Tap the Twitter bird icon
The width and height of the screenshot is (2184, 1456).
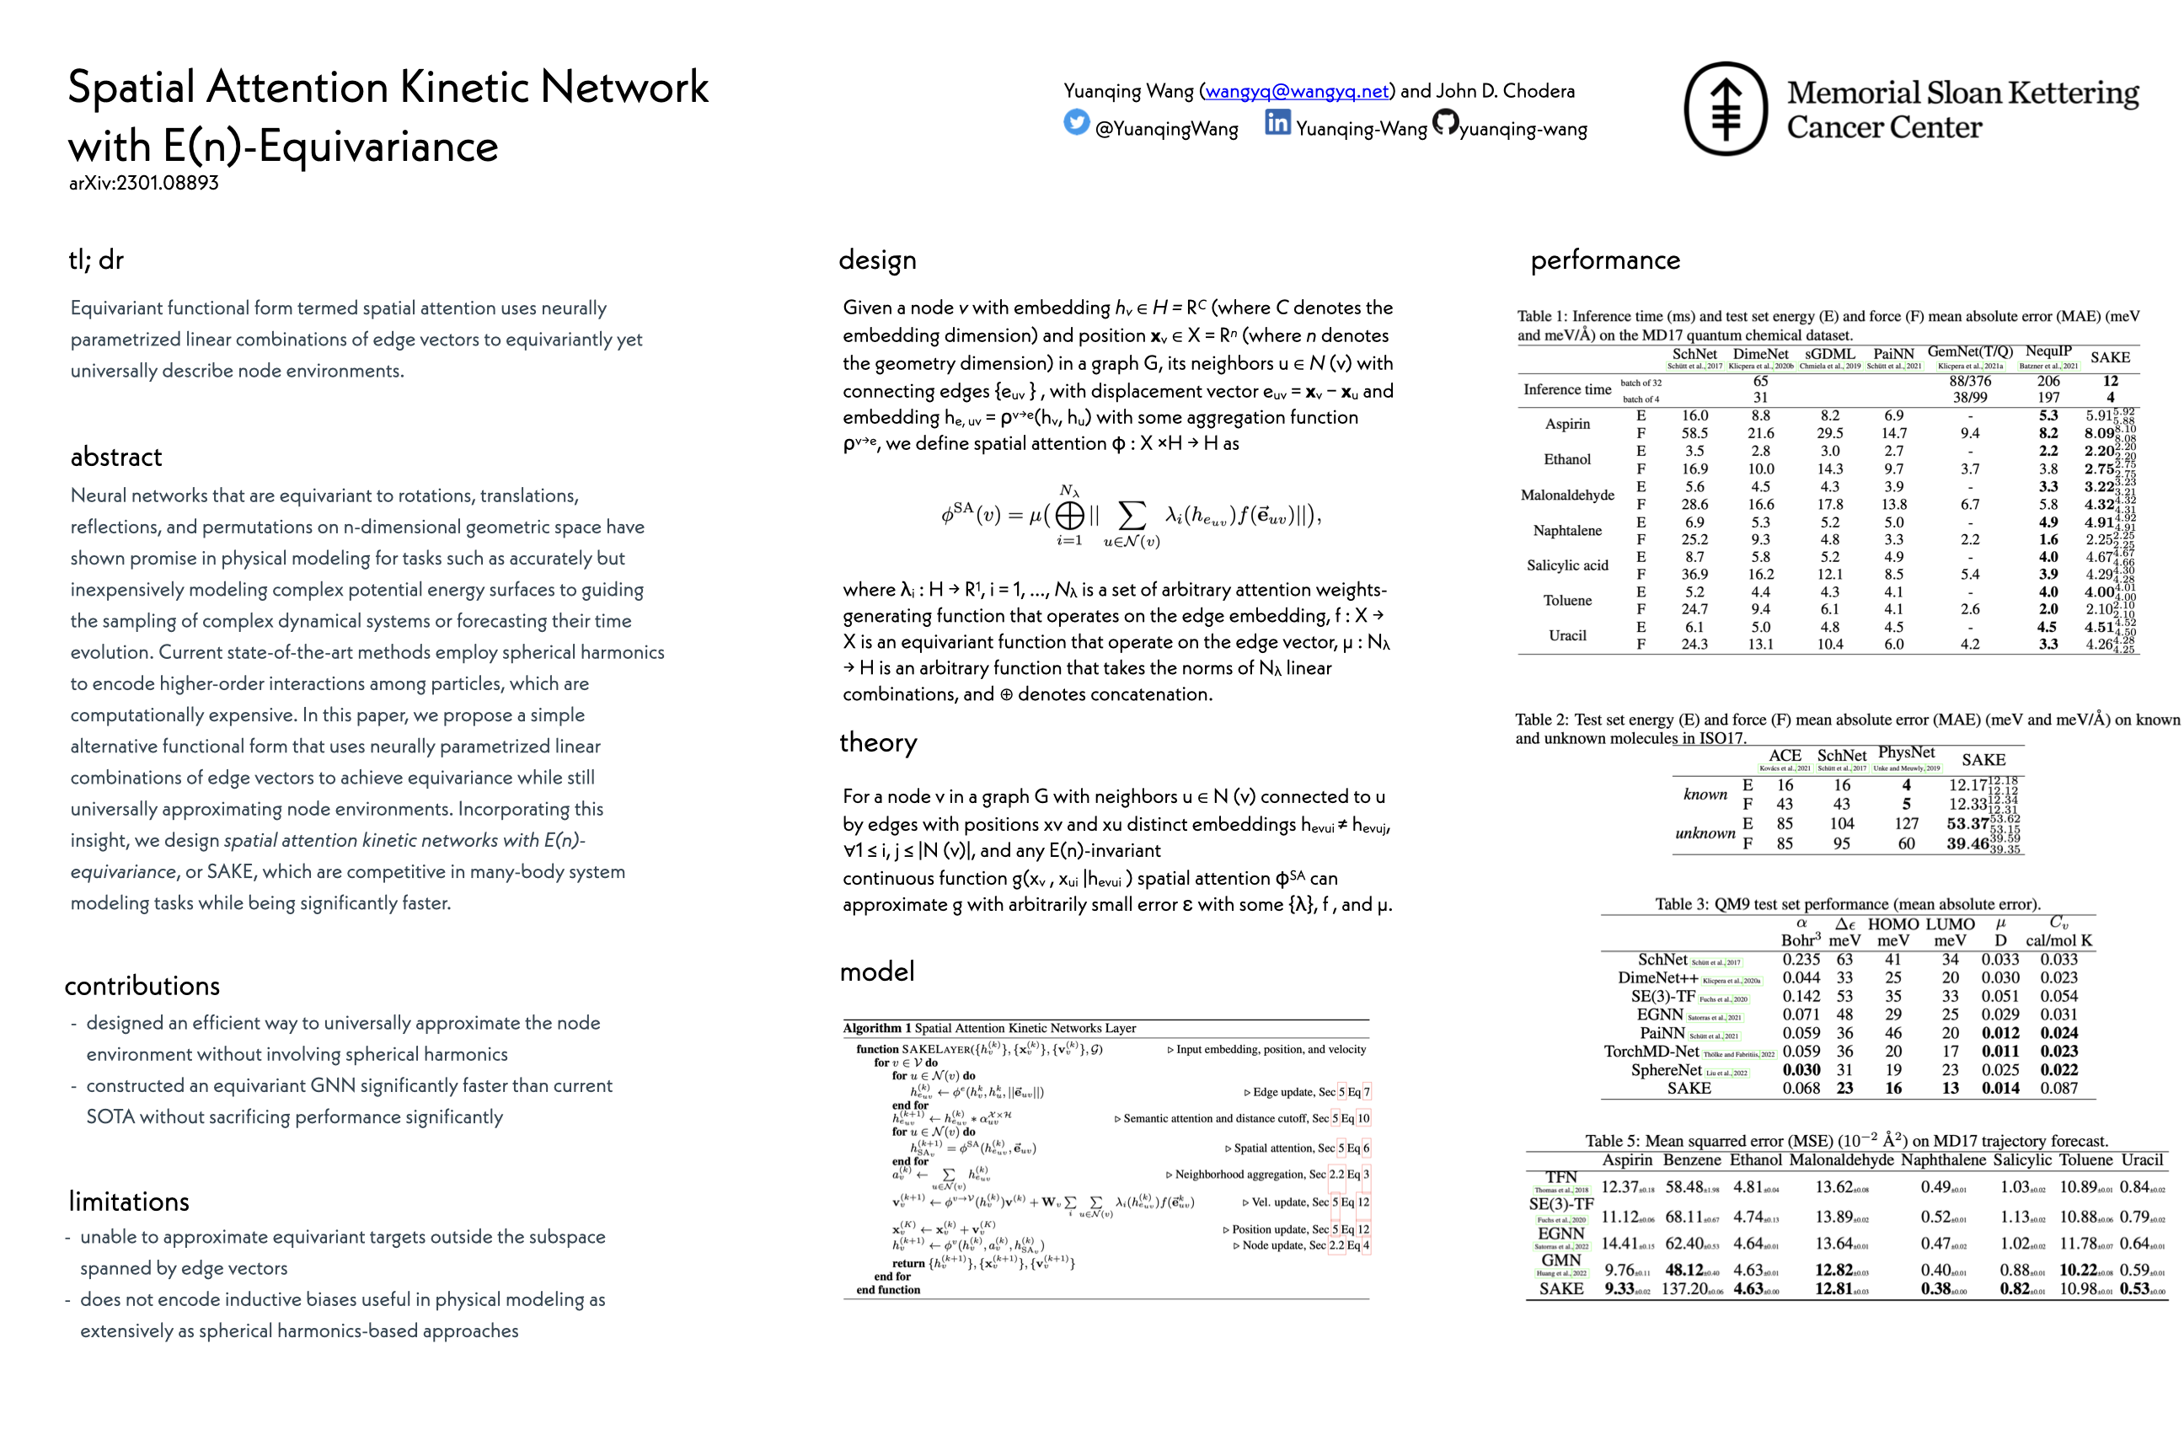point(1076,122)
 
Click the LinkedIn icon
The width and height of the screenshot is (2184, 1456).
point(1277,122)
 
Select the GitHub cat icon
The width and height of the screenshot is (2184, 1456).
point(1445,122)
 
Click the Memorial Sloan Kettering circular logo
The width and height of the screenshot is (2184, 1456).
point(1726,109)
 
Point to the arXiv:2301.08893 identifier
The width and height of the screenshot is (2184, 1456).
point(144,183)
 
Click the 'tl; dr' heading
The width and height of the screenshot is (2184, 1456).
point(96,260)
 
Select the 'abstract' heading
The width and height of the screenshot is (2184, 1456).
point(116,457)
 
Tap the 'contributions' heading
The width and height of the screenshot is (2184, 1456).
point(142,986)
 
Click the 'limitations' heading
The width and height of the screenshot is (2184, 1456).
point(129,1202)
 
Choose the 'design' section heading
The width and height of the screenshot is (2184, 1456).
point(877,260)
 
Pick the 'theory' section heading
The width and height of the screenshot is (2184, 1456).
point(879,743)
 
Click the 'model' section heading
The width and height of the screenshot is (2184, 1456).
point(877,972)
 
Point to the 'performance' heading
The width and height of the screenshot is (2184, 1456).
point(1605,260)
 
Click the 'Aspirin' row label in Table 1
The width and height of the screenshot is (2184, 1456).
point(1567,425)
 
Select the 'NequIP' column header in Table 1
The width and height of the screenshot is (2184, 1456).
point(2047,352)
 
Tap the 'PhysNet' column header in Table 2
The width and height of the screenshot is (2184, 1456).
point(1906,753)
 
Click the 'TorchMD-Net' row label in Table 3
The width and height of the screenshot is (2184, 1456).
point(1651,1052)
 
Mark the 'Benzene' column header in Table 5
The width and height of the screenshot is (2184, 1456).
point(1692,1159)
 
